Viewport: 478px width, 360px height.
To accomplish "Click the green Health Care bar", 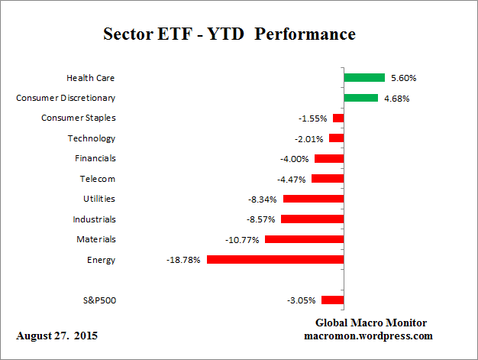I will (363, 77).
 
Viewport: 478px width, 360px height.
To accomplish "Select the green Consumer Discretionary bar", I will (360, 98).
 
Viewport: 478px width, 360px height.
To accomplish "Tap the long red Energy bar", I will (275, 260).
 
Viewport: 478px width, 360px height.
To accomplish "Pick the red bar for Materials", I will (304, 239).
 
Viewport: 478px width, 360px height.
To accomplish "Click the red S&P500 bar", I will (332, 300).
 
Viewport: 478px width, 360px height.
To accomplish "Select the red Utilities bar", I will (313, 199).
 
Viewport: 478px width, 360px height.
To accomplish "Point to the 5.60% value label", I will (404, 77).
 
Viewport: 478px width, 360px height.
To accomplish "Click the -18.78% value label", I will (183, 260).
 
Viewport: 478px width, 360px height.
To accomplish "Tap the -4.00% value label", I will (295, 158).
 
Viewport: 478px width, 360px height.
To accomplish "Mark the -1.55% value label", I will (313, 118).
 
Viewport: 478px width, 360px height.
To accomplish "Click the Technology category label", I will (91, 138).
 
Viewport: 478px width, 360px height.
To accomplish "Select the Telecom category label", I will (97, 179).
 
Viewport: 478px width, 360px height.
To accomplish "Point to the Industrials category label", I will (94, 219).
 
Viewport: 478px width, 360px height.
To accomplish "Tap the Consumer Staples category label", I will (78, 118).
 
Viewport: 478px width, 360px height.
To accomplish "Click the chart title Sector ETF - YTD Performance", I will (229, 34).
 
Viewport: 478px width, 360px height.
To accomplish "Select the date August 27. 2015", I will (57, 336).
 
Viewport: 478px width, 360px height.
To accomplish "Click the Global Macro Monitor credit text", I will (370, 323).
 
